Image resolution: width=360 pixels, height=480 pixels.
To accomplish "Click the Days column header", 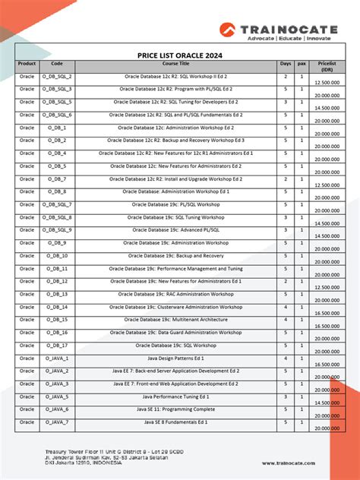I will click(286, 64).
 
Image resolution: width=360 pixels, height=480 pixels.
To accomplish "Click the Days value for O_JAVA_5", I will click(286, 396).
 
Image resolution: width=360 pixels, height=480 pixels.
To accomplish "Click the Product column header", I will click(27, 64).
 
